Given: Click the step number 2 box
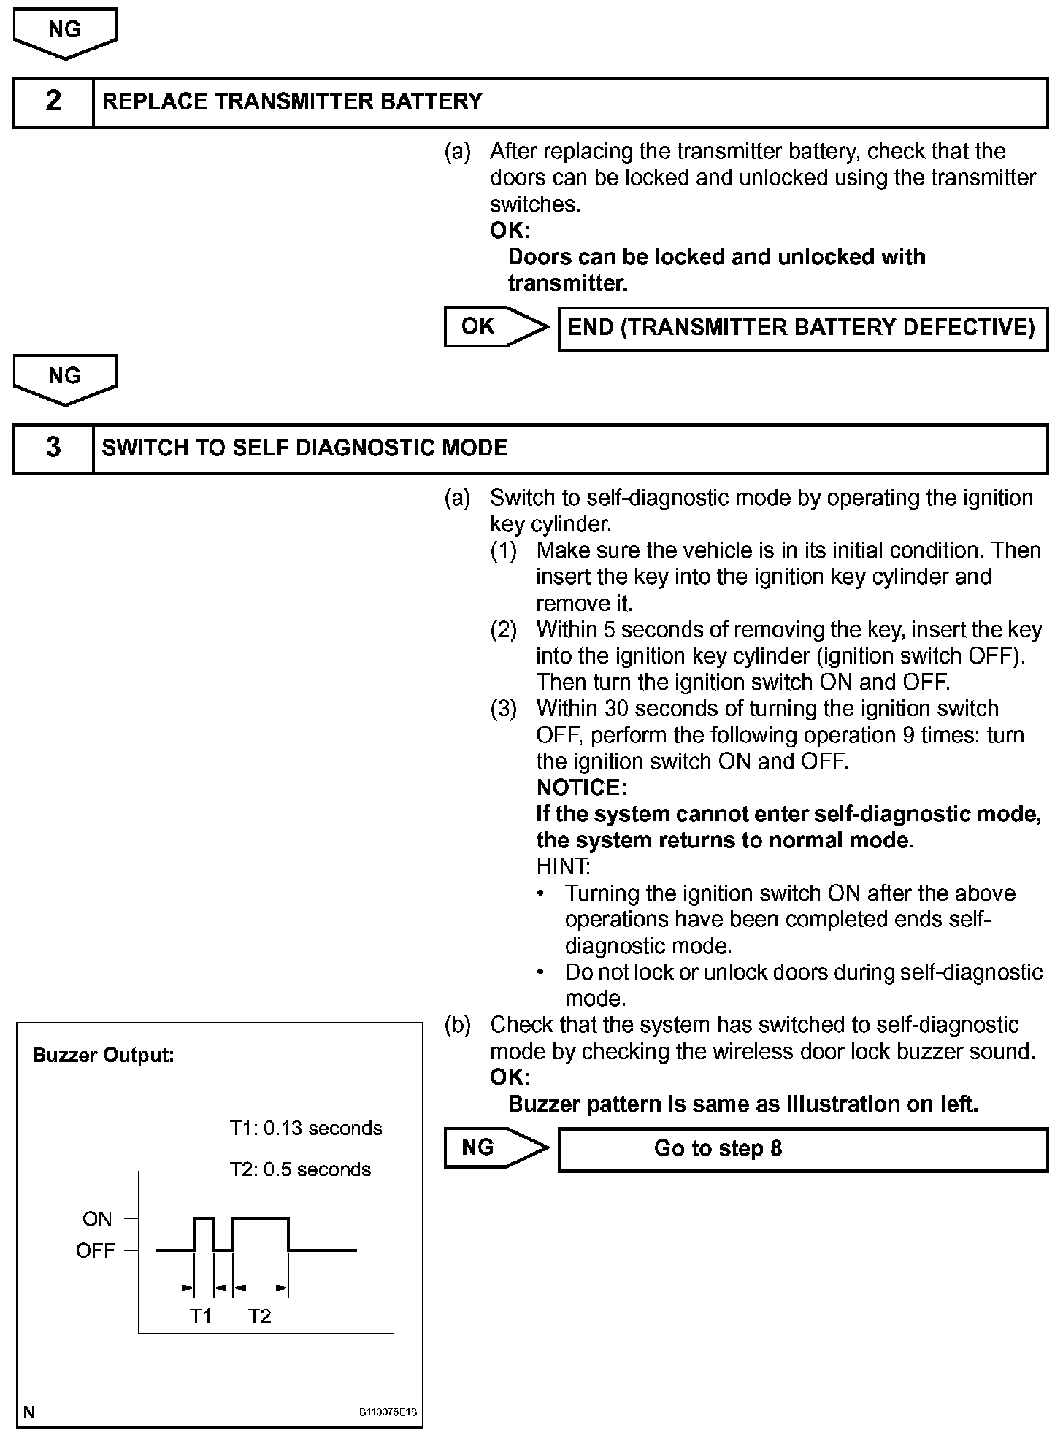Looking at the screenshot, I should coord(53,101).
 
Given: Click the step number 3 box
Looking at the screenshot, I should coord(53,447).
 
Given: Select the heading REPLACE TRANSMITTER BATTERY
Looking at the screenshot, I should coord(292,101).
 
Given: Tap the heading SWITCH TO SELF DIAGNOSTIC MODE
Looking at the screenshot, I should coord(304,447).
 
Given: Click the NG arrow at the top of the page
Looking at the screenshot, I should coord(65,32).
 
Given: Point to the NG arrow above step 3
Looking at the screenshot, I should coord(65,378).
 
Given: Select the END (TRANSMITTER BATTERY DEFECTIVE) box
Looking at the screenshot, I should coord(802,328).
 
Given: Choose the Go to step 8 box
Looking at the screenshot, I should coord(802,1148).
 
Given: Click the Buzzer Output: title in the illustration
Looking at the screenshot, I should coord(104,1056).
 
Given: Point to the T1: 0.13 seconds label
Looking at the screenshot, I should coord(306,1129).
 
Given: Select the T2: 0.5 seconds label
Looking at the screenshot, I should coord(300,1169).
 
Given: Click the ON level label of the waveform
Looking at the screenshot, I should coord(97,1219).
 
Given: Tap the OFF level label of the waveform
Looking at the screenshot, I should coord(95,1251).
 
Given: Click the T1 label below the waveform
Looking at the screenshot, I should coord(201,1316).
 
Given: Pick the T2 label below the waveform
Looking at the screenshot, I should coord(259,1316).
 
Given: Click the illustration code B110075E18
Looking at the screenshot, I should coord(388,1412).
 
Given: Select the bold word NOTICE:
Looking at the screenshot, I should coord(581,788).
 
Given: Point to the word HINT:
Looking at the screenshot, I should coord(563,866).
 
